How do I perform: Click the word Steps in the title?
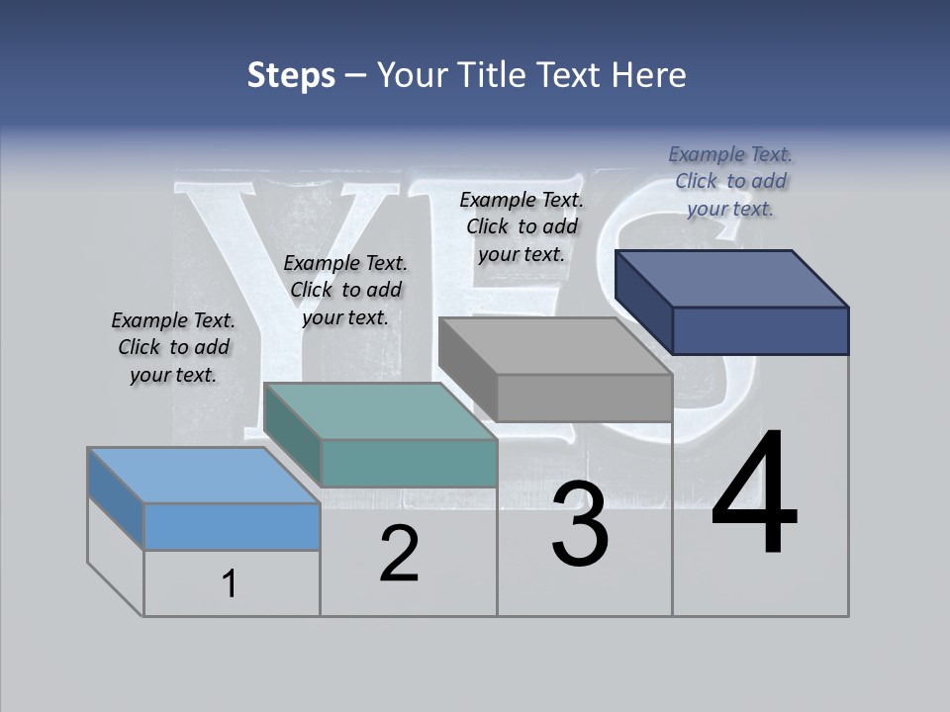click(x=291, y=75)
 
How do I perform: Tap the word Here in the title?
click(x=648, y=75)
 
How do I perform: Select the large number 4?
click(x=754, y=494)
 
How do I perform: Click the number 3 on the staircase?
click(x=580, y=524)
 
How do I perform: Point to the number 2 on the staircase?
click(x=399, y=554)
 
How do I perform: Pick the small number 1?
click(x=230, y=584)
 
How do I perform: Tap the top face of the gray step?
click(x=554, y=346)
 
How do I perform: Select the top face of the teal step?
click(x=381, y=411)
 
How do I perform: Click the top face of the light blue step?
click(x=203, y=476)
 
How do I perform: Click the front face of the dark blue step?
click(x=760, y=330)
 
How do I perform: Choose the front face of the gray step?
click(x=584, y=398)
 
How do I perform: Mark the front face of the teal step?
click(x=409, y=463)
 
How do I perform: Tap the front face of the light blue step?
click(x=232, y=526)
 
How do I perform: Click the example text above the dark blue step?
click(x=730, y=181)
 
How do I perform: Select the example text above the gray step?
click(x=522, y=226)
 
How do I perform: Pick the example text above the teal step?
click(x=345, y=290)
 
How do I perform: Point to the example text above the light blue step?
click(x=173, y=347)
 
